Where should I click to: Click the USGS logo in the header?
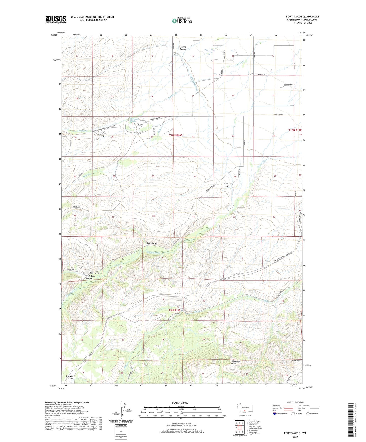coord(55,19)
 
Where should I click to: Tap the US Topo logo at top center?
coord(182,21)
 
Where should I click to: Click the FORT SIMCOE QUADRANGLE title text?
coord(302,17)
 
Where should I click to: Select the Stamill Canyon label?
coord(183,48)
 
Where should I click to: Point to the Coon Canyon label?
coord(152,243)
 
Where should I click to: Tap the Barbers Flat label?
coord(93,273)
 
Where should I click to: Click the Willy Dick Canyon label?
coord(89,277)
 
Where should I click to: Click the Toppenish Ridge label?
coord(235,362)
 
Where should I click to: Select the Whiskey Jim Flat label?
coord(69,377)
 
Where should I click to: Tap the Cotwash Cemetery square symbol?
coord(227,186)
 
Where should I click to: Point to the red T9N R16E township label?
coord(175,310)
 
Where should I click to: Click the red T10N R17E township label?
coord(295,130)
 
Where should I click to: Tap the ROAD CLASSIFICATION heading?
coord(295,402)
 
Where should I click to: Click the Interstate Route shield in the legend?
coord(275,414)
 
